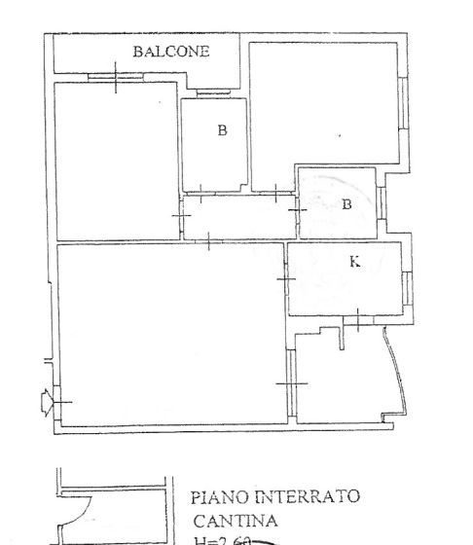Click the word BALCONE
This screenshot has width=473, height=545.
click(171, 52)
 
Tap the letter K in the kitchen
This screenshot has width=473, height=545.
click(353, 261)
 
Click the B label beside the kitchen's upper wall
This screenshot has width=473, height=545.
click(346, 204)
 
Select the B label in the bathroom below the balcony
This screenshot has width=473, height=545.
click(222, 129)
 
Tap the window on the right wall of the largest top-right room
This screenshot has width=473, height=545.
click(401, 102)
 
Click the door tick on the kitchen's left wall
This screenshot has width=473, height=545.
click(286, 279)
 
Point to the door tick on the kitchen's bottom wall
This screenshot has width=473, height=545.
click(358, 319)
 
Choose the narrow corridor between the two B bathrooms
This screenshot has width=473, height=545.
click(238, 219)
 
